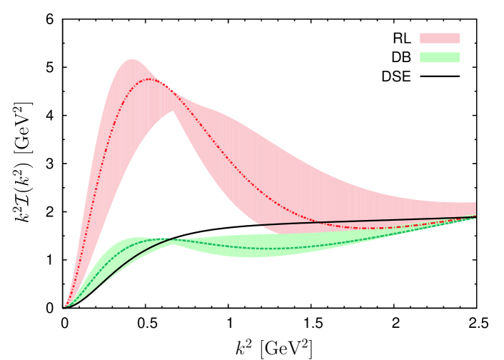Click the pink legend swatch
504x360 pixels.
(x=439, y=38)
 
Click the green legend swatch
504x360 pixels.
(x=439, y=57)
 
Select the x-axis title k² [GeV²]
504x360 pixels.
(x=274, y=347)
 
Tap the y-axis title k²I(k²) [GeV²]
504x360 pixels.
(x=23, y=161)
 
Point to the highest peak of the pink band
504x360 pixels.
(x=131, y=59)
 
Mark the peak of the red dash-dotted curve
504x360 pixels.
(x=149, y=79)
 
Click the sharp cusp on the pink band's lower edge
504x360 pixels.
(x=172, y=111)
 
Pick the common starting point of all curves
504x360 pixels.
(x=65, y=306)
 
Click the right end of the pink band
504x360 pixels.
(x=475, y=209)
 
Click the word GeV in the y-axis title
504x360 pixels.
(x=23, y=126)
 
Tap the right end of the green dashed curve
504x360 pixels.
(x=475, y=217)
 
